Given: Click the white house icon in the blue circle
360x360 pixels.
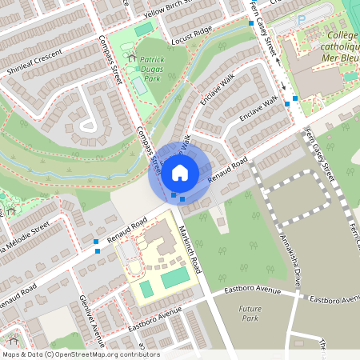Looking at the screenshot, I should pos(180,171).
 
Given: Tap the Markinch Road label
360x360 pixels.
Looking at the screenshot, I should pos(192,245).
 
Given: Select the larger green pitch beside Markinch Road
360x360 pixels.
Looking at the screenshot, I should pos(176,278).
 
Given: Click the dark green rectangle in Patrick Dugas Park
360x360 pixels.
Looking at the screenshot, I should pos(144,29).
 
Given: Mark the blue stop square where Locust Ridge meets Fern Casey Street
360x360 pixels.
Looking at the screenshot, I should pos(251,24).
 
